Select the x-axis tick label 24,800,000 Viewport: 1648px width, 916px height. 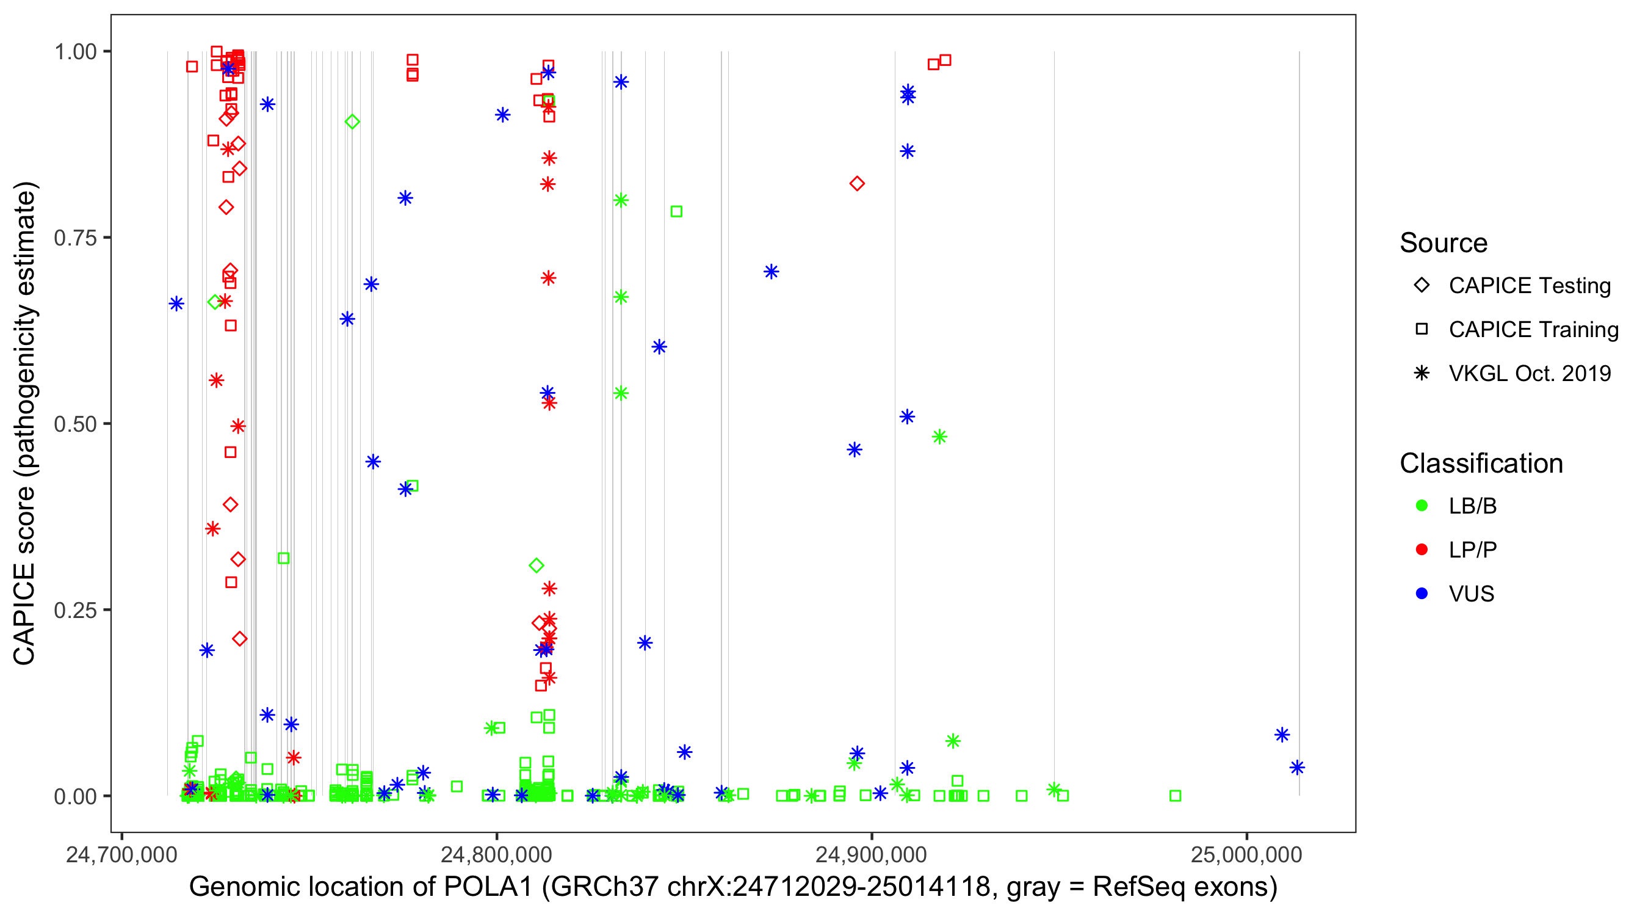coord(496,855)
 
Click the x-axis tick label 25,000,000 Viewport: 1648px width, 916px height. coord(1246,855)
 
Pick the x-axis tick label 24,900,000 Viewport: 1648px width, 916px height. coord(872,855)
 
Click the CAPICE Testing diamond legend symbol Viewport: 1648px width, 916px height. coord(1422,286)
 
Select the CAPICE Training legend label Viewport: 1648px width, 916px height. coord(1533,330)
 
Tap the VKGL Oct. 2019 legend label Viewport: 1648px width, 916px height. coord(1530,374)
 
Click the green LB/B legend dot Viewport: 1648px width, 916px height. coord(1422,506)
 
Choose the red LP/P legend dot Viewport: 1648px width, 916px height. coord(1422,550)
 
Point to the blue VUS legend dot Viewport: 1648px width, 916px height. coord(1422,594)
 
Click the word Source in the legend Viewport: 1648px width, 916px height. coord(1444,243)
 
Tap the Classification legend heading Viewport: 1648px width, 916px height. coord(1481,463)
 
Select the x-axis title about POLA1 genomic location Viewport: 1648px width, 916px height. coord(733,887)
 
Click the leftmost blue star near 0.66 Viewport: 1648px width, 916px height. coord(176,304)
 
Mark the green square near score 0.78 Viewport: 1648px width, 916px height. coord(676,212)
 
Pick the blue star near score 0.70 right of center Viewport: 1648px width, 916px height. coord(771,272)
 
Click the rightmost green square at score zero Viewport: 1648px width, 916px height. coord(1175,796)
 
